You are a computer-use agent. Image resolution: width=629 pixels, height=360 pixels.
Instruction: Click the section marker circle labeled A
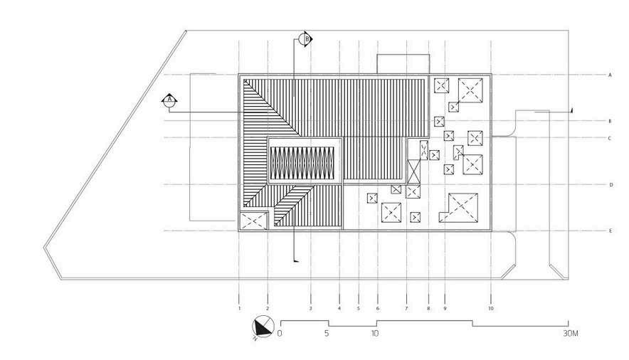point(169,101)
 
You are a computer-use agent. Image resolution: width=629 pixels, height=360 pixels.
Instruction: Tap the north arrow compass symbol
point(262,328)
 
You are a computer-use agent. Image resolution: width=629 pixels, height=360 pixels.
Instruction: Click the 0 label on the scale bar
point(281,333)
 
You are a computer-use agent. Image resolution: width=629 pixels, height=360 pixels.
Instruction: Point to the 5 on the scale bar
point(327,333)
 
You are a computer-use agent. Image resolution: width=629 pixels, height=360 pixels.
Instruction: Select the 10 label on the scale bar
point(374,333)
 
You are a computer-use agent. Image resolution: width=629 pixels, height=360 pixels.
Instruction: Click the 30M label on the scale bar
point(569,333)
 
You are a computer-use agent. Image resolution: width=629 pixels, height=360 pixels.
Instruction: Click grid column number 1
point(240,309)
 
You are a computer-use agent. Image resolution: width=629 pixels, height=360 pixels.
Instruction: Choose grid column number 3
point(310,309)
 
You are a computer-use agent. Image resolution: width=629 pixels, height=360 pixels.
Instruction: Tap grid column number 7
point(406,309)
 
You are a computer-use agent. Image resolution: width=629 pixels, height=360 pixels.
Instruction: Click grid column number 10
point(491,309)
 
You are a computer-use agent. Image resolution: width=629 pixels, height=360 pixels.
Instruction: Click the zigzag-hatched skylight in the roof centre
point(304,162)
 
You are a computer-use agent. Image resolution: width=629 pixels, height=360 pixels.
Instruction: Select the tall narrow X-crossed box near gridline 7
point(413,171)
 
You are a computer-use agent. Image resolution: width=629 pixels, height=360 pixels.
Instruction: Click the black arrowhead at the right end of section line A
point(571,109)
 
